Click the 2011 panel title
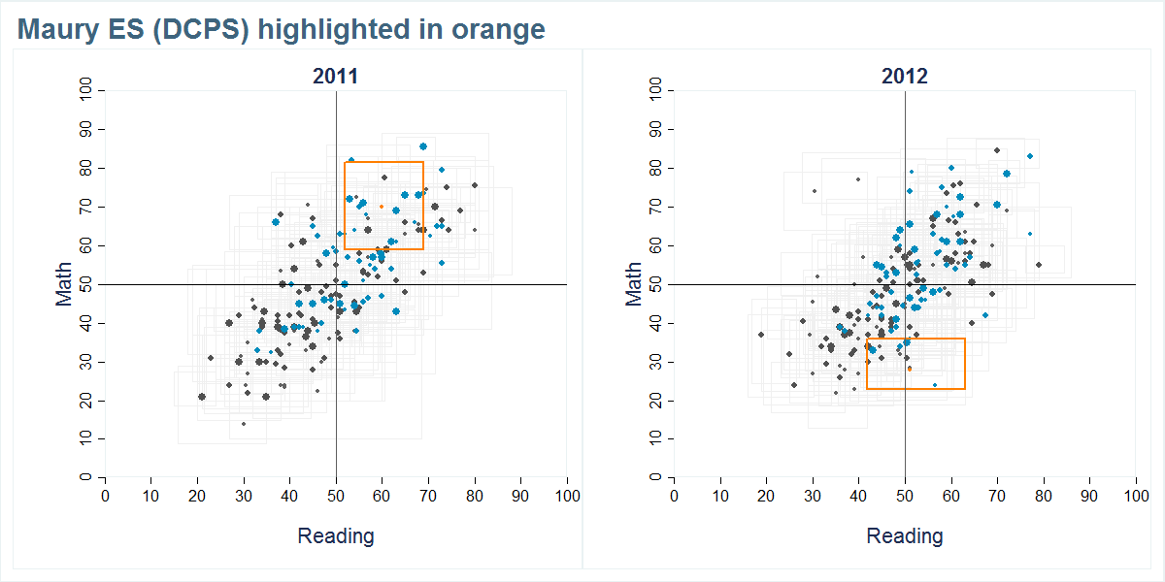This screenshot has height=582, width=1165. [335, 77]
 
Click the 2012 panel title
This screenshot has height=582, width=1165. [905, 77]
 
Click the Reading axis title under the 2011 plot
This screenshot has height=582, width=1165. [335, 535]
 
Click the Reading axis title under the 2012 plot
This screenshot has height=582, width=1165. [905, 535]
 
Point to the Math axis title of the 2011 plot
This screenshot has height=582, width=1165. [64, 284]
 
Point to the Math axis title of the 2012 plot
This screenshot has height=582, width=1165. [634, 284]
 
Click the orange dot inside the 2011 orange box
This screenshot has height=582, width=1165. [382, 207]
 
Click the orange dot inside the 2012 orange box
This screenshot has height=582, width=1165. [910, 369]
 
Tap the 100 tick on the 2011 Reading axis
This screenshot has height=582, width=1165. [567, 496]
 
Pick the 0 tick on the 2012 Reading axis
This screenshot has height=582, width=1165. [675, 496]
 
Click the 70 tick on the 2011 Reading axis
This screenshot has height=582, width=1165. [428, 496]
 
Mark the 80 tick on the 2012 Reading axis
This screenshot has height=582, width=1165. [1044, 496]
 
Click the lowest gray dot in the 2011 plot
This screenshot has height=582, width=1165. [244, 424]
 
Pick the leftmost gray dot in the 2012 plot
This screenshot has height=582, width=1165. [761, 335]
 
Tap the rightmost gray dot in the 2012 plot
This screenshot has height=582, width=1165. [1039, 265]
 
